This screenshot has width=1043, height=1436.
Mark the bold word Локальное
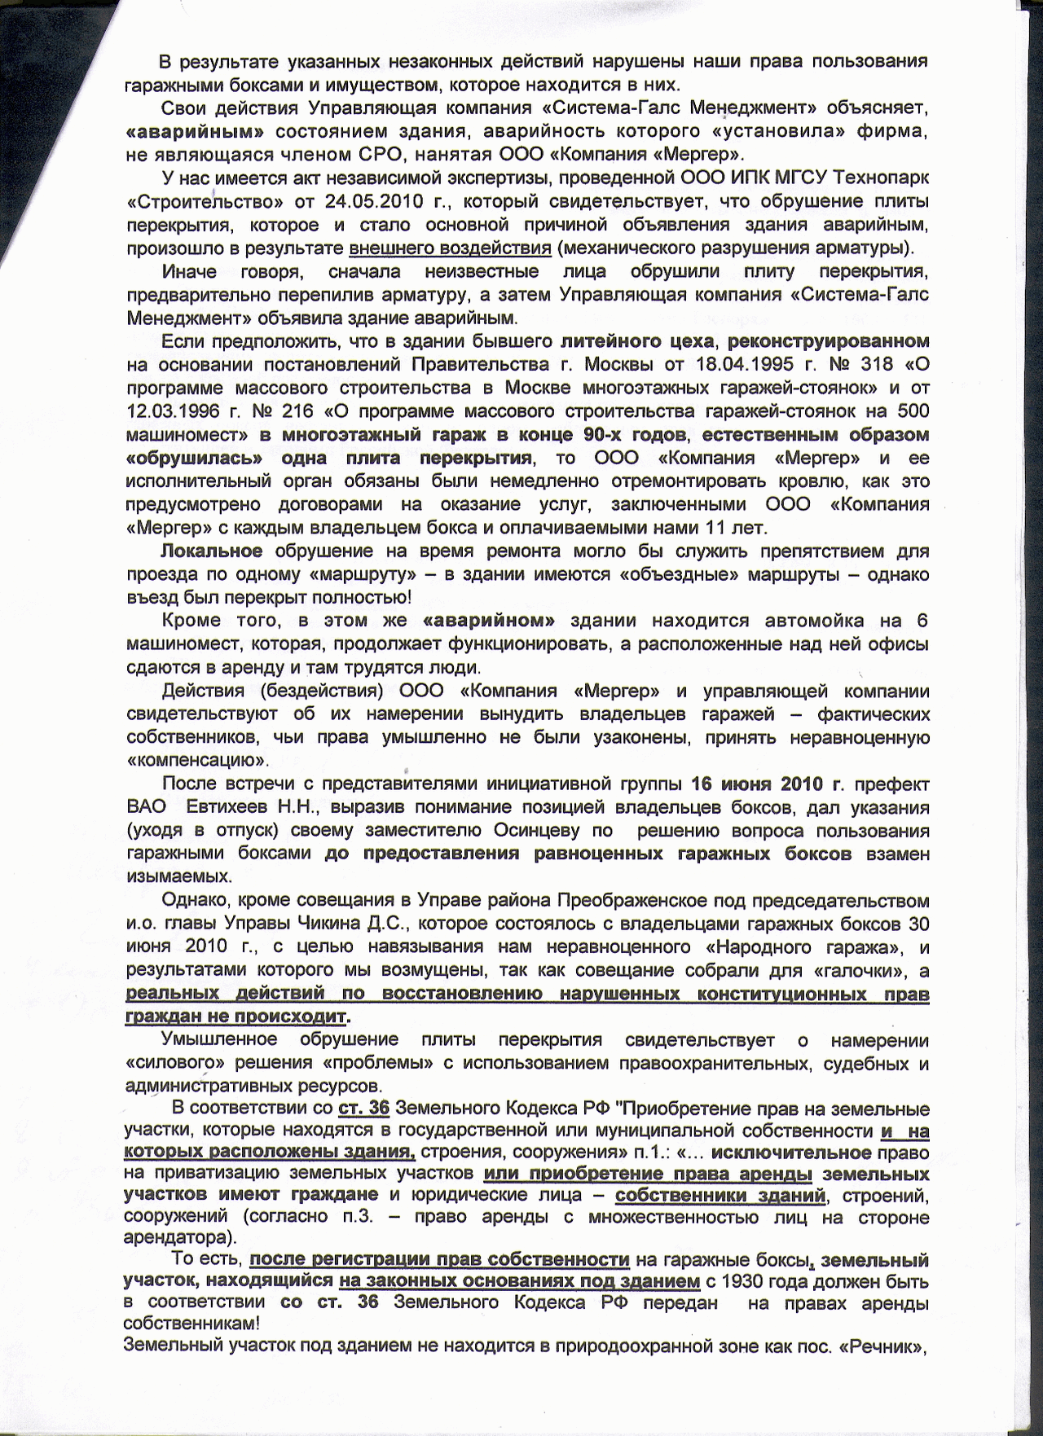point(212,551)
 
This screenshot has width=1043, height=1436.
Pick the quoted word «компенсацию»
point(196,762)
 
